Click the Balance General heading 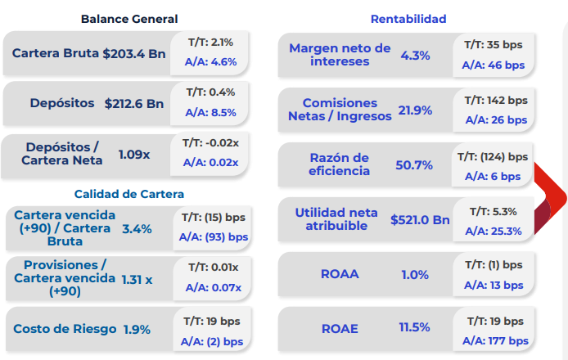pos(129,19)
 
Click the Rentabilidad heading pos(408,19)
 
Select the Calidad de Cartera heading pos(129,194)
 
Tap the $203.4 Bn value pos(133,54)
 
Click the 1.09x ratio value pos(134,154)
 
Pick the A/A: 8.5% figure pos(210,113)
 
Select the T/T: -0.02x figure pos(210,142)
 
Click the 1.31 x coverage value pos(137,279)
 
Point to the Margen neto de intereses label pos(340,55)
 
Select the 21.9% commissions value pos(415,110)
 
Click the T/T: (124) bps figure pos(493,156)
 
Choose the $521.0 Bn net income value pos(420,219)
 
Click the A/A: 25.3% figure pos(492,231)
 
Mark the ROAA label pos(340,274)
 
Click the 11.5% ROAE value pos(414,328)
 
